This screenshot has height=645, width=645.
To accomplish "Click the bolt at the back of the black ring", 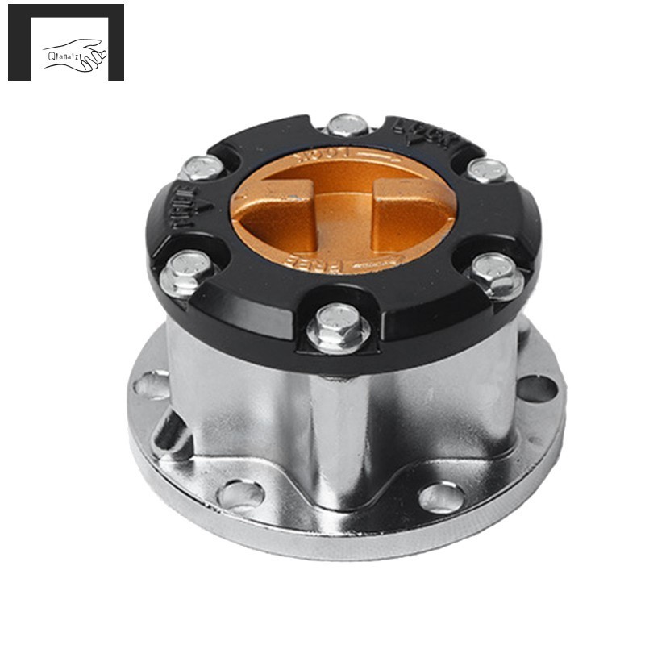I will [348, 125].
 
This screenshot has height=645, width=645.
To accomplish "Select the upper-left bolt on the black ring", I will [200, 167].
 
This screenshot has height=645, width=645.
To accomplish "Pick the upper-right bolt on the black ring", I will [488, 170].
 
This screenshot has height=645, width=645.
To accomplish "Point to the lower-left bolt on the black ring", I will [186, 272].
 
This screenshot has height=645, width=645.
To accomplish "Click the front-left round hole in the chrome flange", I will [240, 493].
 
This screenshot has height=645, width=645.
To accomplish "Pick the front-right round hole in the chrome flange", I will [442, 497].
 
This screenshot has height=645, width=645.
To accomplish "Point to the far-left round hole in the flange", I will [151, 385].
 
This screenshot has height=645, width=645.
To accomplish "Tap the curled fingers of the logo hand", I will [98, 56].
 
